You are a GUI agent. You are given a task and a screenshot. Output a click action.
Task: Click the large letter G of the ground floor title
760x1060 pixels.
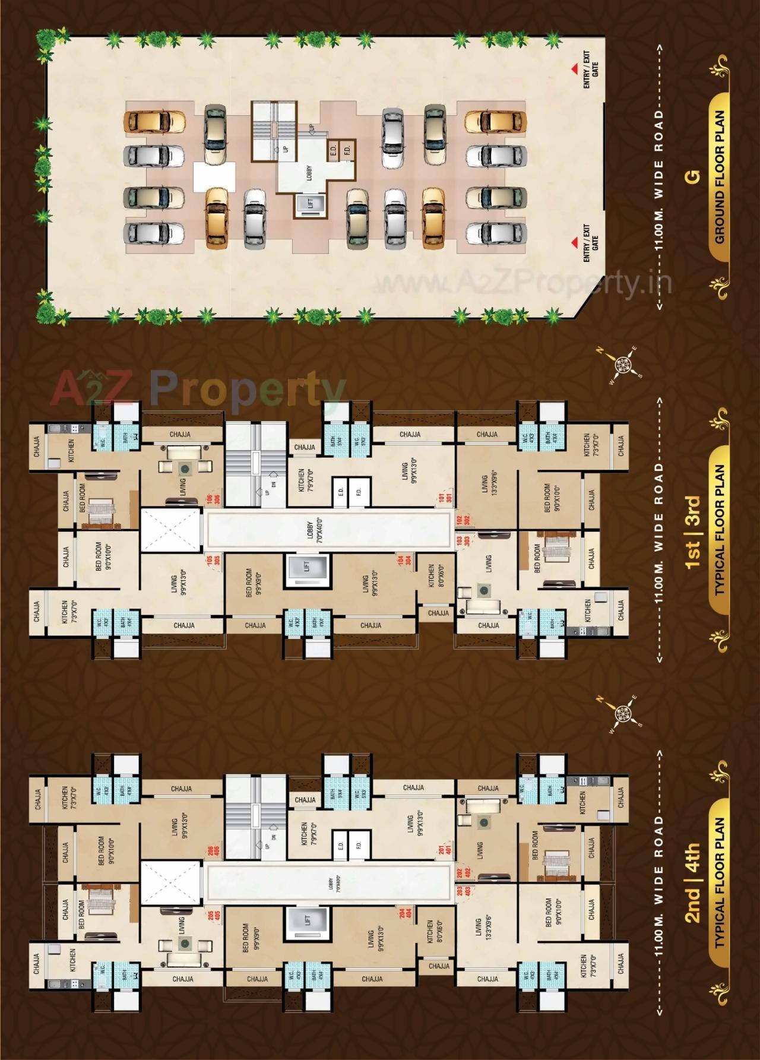point(693,176)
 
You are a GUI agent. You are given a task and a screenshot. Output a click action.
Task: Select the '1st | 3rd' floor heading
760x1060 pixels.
point(693,533)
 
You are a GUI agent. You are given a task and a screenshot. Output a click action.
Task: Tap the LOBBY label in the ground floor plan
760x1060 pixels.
point(309,172)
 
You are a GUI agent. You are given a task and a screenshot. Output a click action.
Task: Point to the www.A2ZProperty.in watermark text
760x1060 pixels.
point(522,283)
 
